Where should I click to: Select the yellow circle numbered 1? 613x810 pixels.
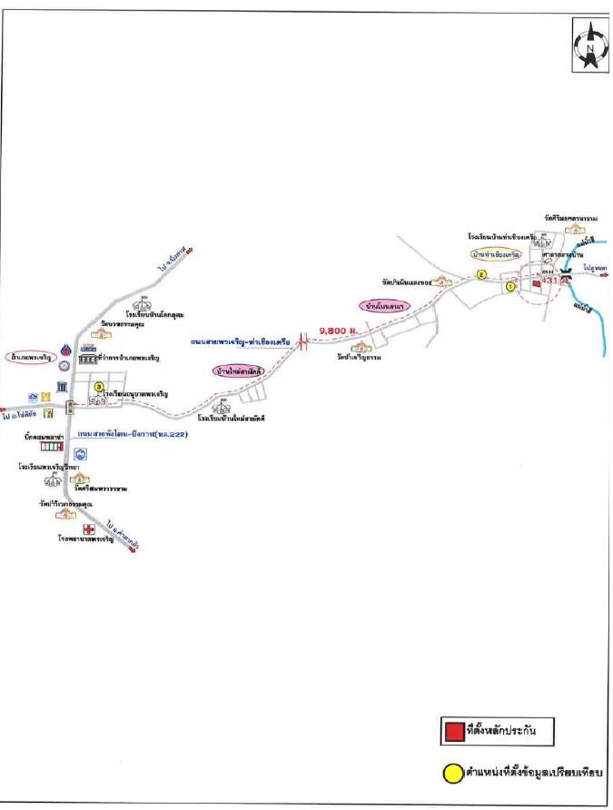pos(510,285)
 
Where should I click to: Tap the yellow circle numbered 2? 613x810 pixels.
pos(482,272)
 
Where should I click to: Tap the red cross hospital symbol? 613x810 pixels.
pos(89,529)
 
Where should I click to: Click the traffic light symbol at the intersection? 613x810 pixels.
pos(71,409)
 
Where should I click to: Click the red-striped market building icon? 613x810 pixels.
pos(51,447)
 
